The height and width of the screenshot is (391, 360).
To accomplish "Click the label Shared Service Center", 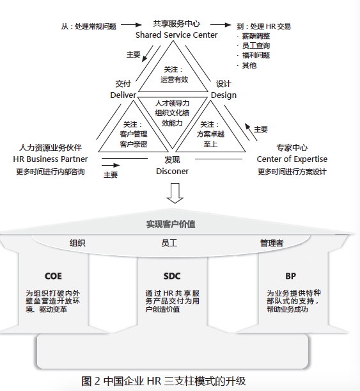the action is point(176,35).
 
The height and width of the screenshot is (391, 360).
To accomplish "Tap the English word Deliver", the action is point(123,95).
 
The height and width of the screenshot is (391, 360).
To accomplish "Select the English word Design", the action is point(223,95).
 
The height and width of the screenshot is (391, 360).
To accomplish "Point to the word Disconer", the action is point(172,172).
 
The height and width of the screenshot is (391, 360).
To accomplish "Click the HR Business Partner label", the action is point(51,159).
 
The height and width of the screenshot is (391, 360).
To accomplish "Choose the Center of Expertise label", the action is point(292,159).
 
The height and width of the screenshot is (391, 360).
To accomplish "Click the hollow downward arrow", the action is point(175,193).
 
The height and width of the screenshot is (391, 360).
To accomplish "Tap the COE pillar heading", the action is point(53,276).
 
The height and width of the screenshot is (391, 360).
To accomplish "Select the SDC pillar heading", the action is point(172,276).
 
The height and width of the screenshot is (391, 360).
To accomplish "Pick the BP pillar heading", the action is point(290,276).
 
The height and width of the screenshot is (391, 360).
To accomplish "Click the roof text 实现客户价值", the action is point(171,224).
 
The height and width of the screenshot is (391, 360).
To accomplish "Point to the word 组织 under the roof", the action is point(77,243).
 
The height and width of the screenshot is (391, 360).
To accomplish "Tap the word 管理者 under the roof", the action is point(272,243).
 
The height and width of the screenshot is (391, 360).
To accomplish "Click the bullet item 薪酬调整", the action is point(256,36).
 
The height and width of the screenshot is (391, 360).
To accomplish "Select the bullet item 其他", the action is point(249,65).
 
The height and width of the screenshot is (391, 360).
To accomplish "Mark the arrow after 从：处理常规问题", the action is point(131,25).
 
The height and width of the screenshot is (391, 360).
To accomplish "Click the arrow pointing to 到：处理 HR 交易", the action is point(221,25).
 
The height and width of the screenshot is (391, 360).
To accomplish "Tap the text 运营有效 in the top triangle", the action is point(174,79).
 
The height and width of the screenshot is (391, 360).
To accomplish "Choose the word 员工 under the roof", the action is point(169,243).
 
